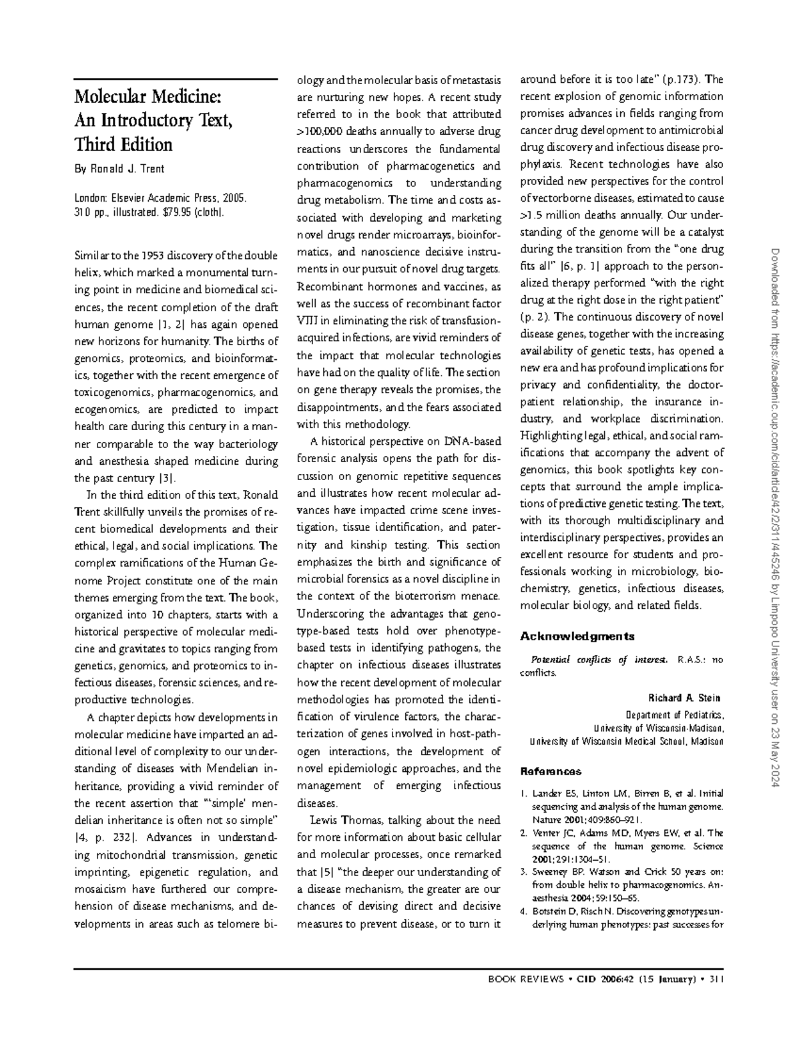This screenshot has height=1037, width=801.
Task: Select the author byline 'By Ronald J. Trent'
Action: point(119,169)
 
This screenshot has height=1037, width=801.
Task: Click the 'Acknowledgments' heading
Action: point(577,636)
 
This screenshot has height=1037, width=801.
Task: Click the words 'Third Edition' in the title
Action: point(123,145)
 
